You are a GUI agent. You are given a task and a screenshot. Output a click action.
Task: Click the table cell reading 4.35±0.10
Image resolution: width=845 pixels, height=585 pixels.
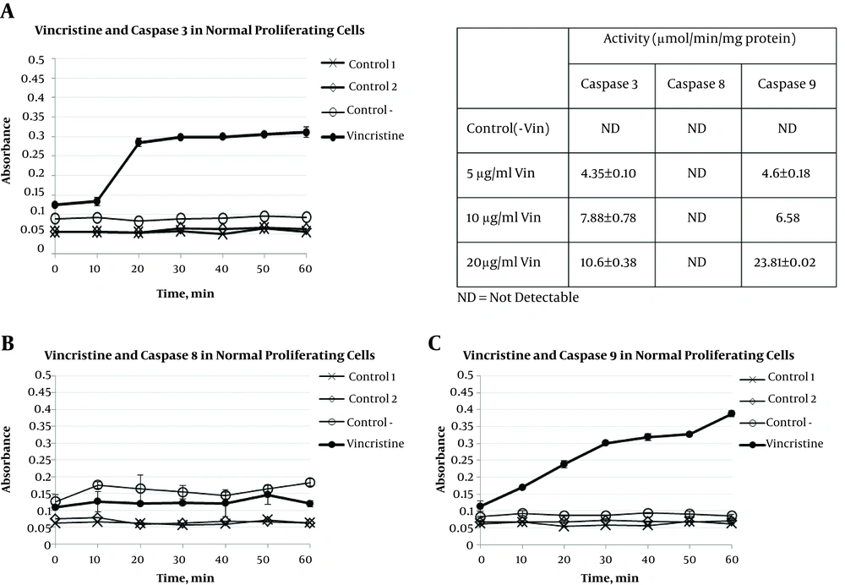pyautogui.click(x=608, y=173)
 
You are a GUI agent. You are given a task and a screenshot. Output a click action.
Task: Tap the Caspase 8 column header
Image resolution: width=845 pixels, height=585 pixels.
pyautogui.click(x=695, y=84)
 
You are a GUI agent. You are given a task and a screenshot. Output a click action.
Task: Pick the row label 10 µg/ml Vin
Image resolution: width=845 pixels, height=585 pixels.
pyautogui.click(x=504, y=218)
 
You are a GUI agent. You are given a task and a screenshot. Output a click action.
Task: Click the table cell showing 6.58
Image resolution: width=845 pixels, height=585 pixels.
pyautogui.click(x=788, y=218)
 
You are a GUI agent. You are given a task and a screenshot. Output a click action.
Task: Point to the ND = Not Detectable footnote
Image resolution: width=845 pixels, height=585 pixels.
pyautogui.click(x=518, y=297)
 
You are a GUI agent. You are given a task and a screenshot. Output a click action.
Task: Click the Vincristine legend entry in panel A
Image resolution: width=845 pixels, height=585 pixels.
pyautogui.click(x=363, y=136)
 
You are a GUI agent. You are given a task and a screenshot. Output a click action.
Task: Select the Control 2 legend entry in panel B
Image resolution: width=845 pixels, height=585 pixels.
pyautogui.click(x=358, y=399)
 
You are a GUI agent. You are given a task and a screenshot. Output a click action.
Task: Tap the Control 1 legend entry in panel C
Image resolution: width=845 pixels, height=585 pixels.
pyautogui.click(x=777, y=377)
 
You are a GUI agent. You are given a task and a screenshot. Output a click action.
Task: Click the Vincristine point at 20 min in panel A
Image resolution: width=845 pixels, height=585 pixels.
pyautogui.click(x=139, y=142)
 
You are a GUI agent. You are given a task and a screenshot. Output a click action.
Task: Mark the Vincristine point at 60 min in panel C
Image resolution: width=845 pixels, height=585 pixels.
pyautogui.click(x=731, y=413)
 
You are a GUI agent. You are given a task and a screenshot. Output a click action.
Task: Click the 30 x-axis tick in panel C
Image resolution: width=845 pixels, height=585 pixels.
pyautogui.click(x=606, y=560)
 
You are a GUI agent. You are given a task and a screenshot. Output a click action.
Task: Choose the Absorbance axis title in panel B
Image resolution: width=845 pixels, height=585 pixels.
pyautogui.click(x=7, y=459)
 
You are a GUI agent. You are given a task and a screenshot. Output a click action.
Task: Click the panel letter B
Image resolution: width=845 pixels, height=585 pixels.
pyautogui.click(x=8, y=343)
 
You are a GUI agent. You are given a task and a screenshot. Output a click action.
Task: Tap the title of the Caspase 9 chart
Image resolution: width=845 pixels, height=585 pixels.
pyautogui.click(x=629, y=355)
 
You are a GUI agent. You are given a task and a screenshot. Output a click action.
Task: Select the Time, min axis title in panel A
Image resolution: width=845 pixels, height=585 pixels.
pyautogui.click(x=185, y=294)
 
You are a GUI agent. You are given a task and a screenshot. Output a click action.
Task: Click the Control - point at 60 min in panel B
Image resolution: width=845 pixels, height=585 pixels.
pyautogui.click(x=310, y=483)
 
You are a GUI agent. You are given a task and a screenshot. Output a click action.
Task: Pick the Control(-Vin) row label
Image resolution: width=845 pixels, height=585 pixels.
pyautogui.click(x=508, y=128)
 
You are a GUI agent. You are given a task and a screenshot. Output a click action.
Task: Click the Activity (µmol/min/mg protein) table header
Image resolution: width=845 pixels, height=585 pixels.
pyautogui.click(x=700, y=39)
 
